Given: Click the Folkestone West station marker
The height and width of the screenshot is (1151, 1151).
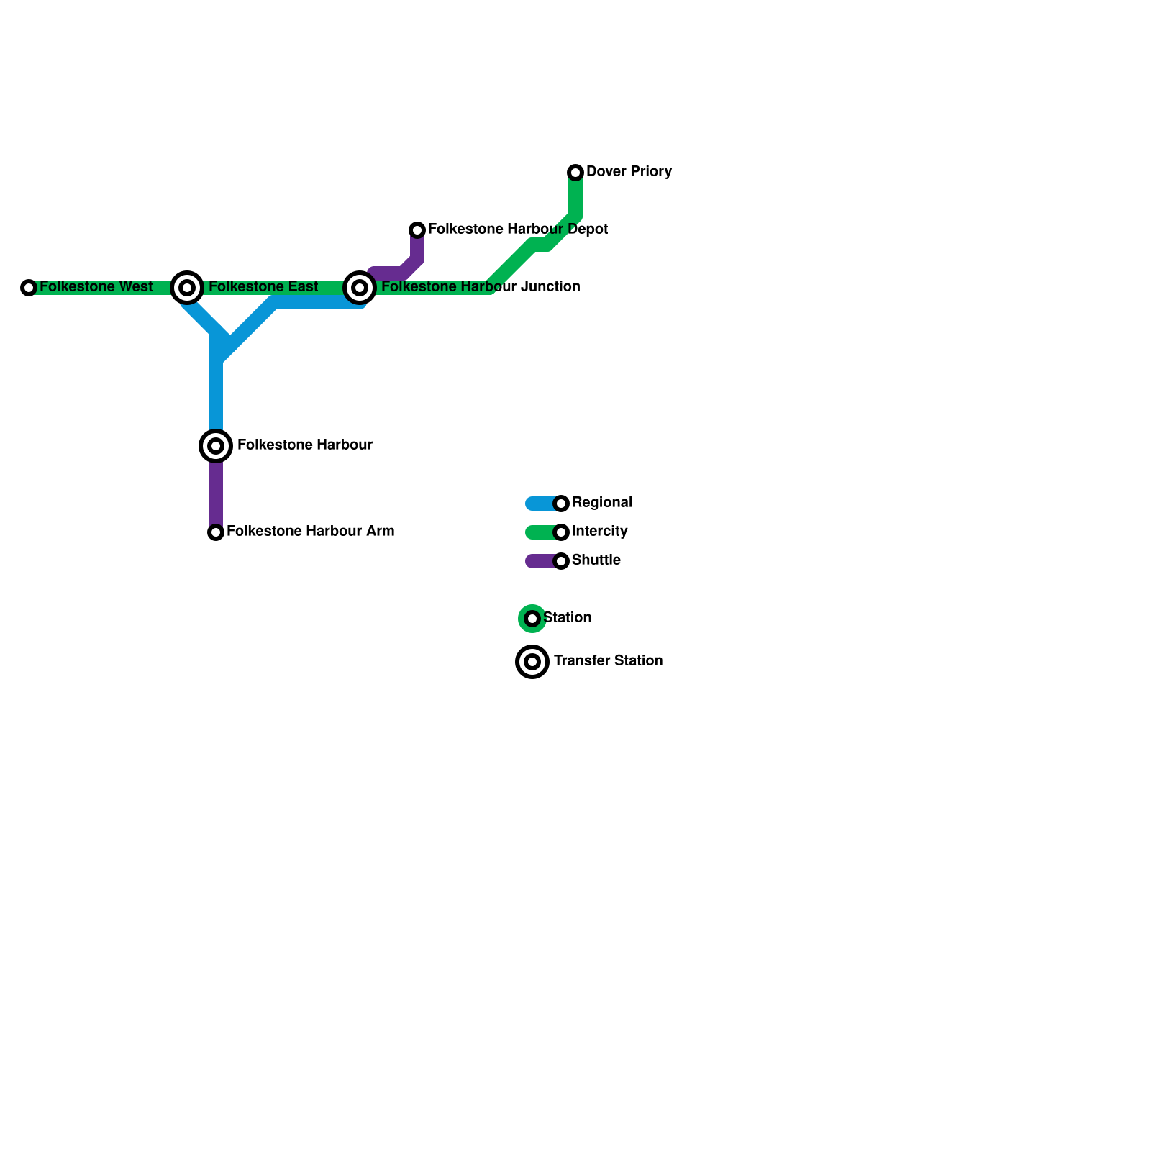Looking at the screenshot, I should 29,288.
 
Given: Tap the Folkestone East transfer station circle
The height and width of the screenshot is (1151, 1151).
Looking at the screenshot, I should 187,288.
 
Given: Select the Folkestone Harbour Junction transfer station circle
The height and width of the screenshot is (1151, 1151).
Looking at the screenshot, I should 360,288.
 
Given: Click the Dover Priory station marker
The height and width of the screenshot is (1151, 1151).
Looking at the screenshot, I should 575,173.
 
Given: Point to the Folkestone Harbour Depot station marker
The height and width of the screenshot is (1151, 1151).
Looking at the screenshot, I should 417,230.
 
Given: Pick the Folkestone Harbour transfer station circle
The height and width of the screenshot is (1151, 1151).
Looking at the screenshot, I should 216,446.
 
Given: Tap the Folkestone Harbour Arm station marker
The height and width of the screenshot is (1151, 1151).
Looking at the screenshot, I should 216,532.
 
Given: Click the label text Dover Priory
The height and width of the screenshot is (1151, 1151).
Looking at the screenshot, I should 629,172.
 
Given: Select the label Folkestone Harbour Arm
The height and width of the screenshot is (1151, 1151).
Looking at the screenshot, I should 310,532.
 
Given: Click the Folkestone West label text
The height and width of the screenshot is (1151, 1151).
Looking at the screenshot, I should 96,287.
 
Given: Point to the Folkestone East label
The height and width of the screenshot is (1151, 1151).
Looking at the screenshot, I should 263,287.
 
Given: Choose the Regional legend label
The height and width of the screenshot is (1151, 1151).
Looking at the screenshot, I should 602,503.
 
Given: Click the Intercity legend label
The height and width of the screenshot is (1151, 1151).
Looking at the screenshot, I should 599,532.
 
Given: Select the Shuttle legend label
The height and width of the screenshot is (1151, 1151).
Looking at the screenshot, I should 596,560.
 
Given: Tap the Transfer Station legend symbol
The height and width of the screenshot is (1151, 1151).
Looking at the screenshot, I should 532,662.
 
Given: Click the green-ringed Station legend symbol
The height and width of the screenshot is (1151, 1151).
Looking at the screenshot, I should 532,619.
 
